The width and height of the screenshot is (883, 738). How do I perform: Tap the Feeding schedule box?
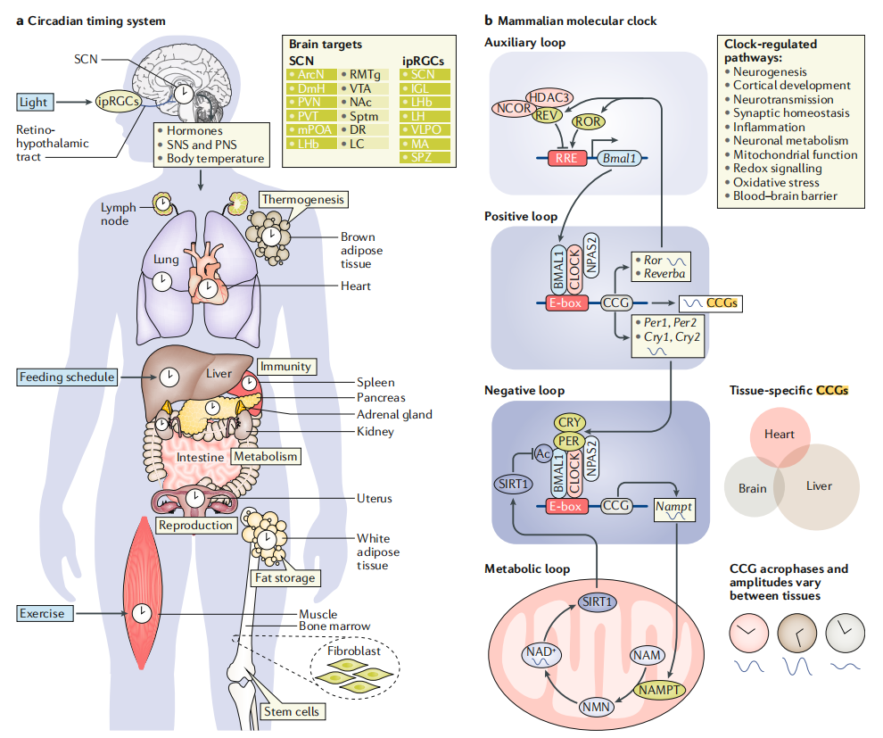pos(68,377)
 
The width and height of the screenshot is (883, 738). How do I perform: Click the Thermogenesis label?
pos(301,199)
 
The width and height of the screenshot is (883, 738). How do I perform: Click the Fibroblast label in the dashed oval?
pos(354,651)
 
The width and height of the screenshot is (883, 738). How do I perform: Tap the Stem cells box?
pos(291,711)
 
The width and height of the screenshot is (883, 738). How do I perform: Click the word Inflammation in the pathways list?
pos(768,127)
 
